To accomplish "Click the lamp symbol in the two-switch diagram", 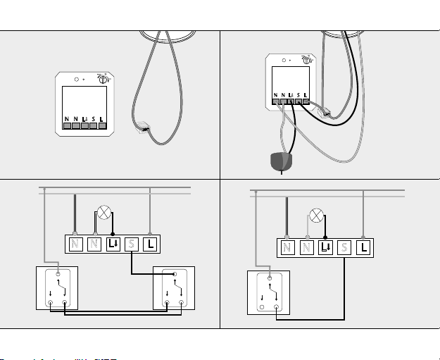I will pos(104,215).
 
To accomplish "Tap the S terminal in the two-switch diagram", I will pos(132,244).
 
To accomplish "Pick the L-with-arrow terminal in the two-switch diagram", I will pos(113,244).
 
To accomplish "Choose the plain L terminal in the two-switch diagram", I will pos(151,244).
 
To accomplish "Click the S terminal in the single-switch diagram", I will pos(344,248).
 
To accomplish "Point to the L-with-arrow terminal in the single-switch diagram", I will pos(325,248).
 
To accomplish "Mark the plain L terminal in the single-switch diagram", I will pos(363,248).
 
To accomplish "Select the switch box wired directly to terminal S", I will pos(173,289).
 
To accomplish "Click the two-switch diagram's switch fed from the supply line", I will pos(56,289).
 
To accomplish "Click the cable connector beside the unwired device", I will pos(144,127).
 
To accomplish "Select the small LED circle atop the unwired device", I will pos(76,79).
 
